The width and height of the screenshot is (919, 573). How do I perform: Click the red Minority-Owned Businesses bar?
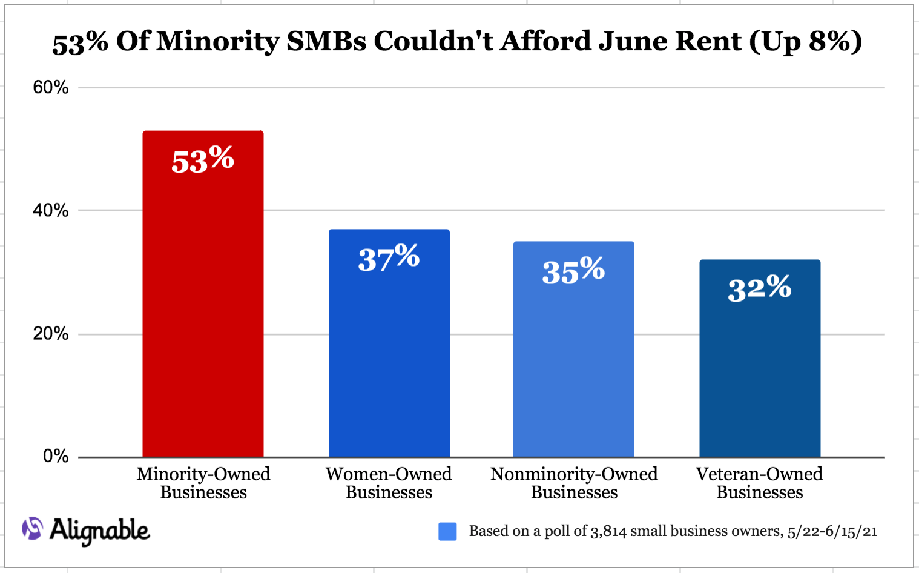[203, 294]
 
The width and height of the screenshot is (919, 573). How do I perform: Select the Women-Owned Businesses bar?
[389, 343]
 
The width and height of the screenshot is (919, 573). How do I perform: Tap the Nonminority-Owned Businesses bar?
[574, 349]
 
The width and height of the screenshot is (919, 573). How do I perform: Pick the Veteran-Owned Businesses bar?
[760, 359]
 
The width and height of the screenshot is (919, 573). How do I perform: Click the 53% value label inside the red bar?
[203, 160]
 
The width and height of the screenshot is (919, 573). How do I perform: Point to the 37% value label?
[389, 257]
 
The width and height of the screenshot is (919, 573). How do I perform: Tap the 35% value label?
[573, 270]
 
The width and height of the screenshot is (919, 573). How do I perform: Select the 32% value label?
[760, 288]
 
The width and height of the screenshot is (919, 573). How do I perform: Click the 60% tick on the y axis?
[50, 87]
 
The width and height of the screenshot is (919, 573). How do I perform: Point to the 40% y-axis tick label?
[50, 211]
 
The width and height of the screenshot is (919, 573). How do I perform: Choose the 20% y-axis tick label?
[50, 334]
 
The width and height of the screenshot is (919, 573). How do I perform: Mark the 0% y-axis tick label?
[56, 456]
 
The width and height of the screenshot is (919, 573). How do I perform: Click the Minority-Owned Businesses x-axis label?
[203, 483]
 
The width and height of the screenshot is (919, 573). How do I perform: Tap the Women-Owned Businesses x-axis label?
[389, 483]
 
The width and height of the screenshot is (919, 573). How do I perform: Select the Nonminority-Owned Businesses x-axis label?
[574, 483]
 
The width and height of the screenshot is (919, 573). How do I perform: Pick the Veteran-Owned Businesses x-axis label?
[759, 483]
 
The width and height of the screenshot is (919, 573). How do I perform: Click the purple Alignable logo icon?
[33, 528]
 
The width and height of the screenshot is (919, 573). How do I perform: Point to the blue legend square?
[447, 532]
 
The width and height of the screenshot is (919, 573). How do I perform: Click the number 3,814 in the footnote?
[608, 532]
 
